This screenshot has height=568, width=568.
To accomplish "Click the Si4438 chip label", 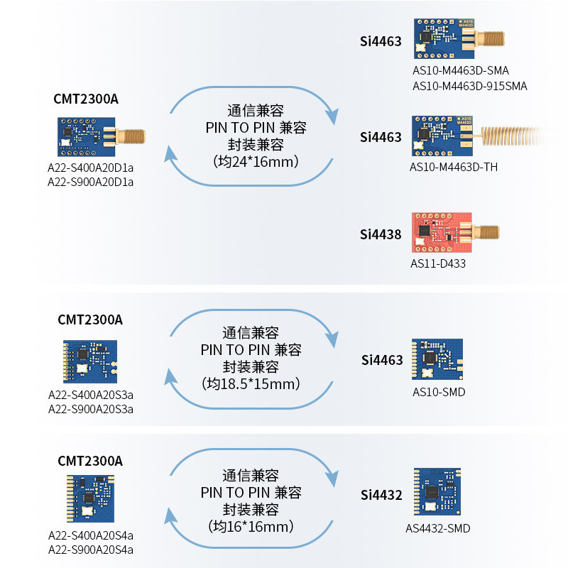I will point(381,234).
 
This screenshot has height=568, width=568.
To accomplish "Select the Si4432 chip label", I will point(381,494).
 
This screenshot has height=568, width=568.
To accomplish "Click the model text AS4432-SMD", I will point(438,528).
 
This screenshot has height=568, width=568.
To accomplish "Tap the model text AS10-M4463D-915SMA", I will point(470,86).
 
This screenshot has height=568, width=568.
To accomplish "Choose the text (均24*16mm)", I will point(256,161).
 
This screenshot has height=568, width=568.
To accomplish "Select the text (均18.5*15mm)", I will point(251,384).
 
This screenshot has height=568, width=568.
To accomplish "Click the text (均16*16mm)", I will point(251,526).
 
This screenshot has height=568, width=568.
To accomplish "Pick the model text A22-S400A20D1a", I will point(90,168).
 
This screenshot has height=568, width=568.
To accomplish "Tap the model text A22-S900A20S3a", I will point(90,408).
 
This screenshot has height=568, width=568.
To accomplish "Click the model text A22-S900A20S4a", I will point(90,550).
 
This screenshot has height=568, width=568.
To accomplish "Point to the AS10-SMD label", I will point(439,391).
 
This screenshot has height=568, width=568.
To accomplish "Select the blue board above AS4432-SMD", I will point(437,492).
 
